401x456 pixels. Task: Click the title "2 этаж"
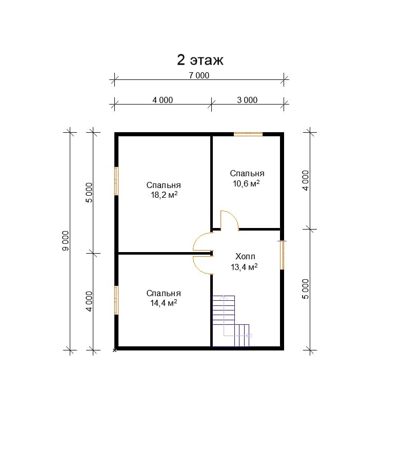pyautogui.click(x=200, y=60)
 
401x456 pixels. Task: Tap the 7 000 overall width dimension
pyautogui.click(x=199, y=75)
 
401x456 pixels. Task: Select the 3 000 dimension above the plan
pyautogui.click(x=247, y=100)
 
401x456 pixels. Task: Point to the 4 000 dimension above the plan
pyautogui.click(x=163, y=100)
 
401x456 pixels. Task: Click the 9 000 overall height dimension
pyautogui.click(x=66, y=241)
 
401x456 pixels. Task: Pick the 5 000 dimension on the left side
pyautogui.click(x=89, y=193)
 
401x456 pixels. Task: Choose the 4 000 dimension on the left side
pyautogui.click(x=89, y=302)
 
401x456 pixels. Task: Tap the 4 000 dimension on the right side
pyautogui.click(x=306, y=180)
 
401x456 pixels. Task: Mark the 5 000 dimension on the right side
pyautogui.click(x=306, y=289)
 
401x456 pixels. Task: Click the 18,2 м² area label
pyautogui.click(x=164, y=195)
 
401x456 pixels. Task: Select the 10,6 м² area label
pyautogui.click(x=246, y=183)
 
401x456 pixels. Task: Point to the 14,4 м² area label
pyautogui.click(x=164, y=303)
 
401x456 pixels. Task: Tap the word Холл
pyautogui.click(x=245, y=257)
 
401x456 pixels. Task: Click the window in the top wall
pyautogui.click(x=248, y=134)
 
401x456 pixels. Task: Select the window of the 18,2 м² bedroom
pyautogui.click(x=116, y=181)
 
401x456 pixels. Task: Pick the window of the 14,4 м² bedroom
pyautogui.click(x=116, y=300)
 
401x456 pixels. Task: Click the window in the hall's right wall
pyautogui.click(x=282, y=255)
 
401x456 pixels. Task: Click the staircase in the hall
pyautogui.click(x=231, y=321)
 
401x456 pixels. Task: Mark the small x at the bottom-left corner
pyautogui.click(x=115, y=350)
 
